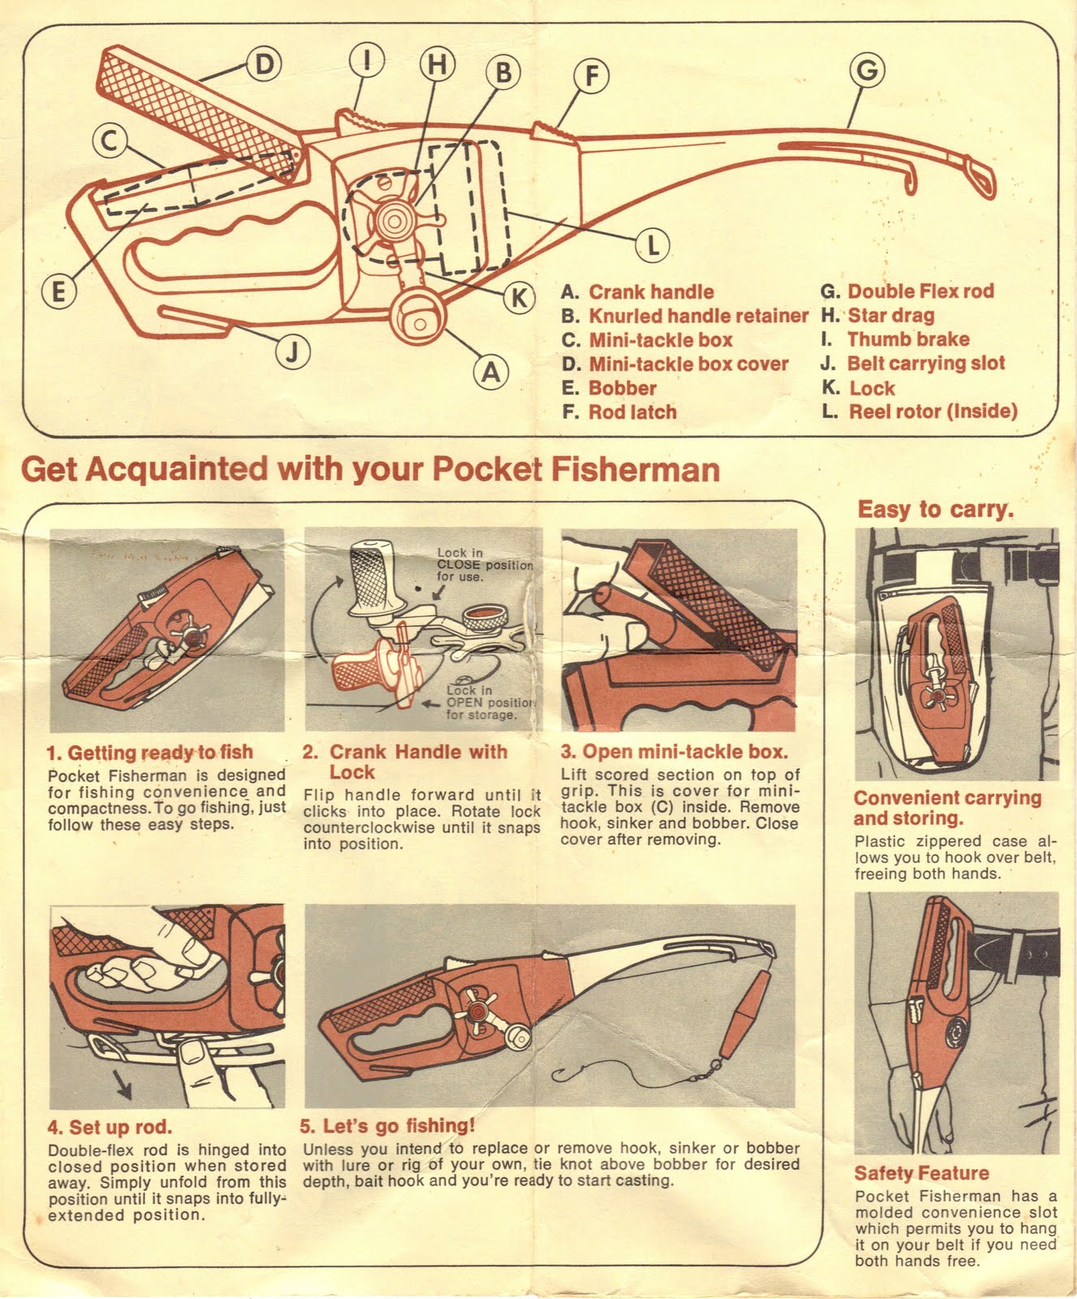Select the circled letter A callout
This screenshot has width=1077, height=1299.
click(x=491, y=372)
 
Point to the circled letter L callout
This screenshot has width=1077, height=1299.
click(x=652, y=244)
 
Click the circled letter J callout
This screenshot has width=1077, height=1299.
click(x=292, y=351)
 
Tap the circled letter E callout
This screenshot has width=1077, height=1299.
click(x=58, y=291)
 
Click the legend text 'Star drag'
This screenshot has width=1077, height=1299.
click(x=890, y=315)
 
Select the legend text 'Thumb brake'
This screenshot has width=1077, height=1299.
click(x=907, y=339)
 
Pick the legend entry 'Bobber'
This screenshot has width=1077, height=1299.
click(x=622, y=388)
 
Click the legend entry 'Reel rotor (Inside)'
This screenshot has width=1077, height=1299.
click(x=933, y=411)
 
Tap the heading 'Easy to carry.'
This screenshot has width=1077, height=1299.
click(x=936, y=510)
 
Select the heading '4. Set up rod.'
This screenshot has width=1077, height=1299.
click(x=110, y=1127)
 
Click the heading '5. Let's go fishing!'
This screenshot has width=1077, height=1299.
click(x=387, y=1126)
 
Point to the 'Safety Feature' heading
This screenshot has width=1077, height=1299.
click(x=921, y=1173)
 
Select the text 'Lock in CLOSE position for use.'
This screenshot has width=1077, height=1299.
click(x=484, y=564)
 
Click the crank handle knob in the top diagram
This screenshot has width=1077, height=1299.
click(x=419, y=317)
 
